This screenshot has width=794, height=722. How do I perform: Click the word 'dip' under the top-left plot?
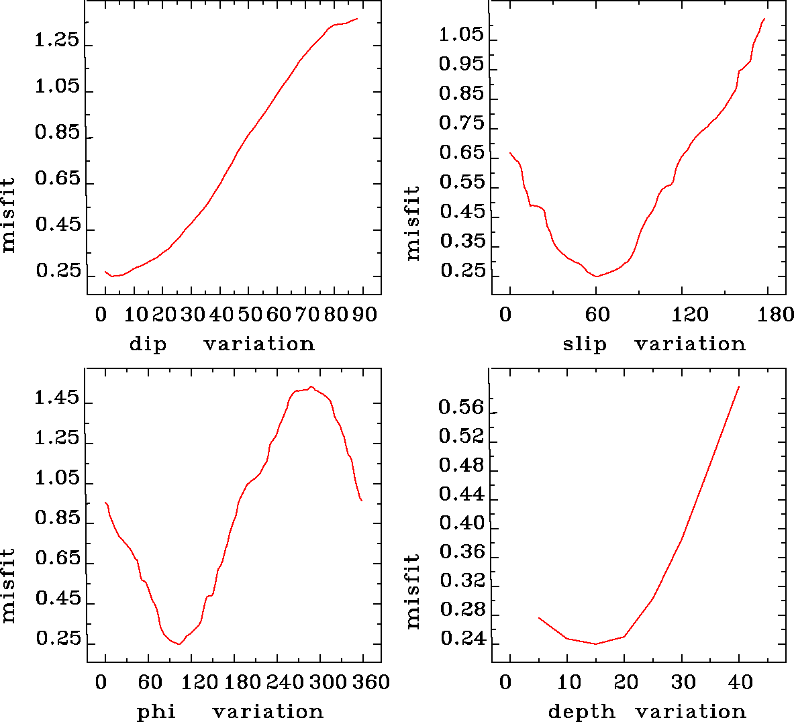148,344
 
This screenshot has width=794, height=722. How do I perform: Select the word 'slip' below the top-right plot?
584,344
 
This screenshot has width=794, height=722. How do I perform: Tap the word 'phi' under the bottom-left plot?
156,711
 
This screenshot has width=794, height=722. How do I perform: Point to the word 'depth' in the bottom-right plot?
581,711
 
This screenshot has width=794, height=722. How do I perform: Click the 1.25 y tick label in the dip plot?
57,41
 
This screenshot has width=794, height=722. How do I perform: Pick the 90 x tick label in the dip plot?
364,315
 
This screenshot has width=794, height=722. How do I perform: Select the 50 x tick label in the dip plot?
249,315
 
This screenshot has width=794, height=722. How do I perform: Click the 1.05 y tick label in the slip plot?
461,35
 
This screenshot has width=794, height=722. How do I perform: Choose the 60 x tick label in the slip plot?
597,315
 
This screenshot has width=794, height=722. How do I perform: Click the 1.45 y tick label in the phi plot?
57,399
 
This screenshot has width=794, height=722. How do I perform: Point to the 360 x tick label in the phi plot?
370,682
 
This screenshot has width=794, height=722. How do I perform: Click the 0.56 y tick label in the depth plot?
461,407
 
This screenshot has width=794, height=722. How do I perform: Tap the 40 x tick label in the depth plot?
740,682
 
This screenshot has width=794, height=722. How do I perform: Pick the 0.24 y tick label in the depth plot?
461,639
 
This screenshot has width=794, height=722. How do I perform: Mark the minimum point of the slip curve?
596,276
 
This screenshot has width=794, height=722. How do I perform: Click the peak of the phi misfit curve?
311,386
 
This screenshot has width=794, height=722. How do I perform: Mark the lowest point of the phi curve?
179,644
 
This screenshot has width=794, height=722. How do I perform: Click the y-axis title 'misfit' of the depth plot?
413,590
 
